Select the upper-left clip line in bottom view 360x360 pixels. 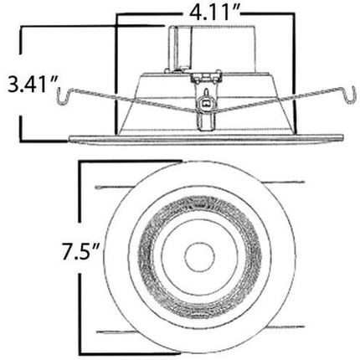pos(114,187)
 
